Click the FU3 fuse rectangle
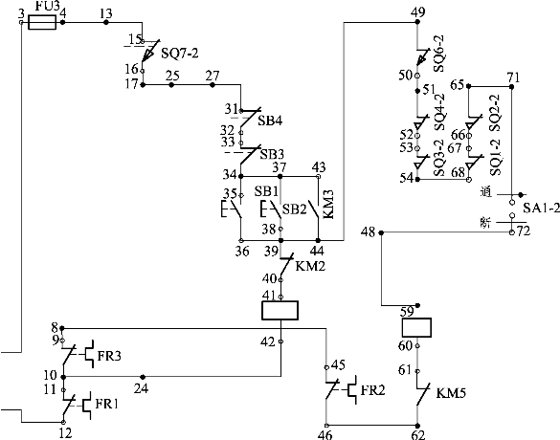(42, 23)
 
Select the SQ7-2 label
(179, 54)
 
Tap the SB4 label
(270, 121)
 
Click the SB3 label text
(272, 155)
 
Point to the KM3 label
(328, 204)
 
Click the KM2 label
(310, 266)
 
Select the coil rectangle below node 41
(280, 310)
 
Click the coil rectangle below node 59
(416, 327)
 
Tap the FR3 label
(109, 356)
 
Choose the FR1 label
(106, 404)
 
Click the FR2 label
(373, 390)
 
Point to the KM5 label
(451, 393)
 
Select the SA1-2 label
(542, 209)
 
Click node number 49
(418, 12)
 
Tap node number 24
(141, 388)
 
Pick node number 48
(369, 232)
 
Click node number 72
(524, 231)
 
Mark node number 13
(106, 13)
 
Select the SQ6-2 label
(439, 54)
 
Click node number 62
(418, 435)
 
